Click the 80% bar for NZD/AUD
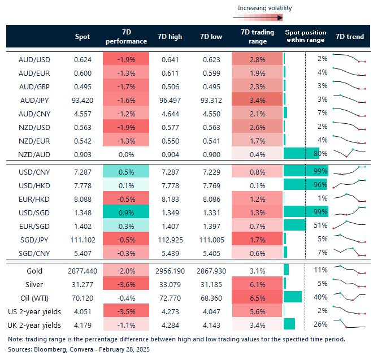point(301,153)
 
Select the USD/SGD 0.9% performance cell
point(126,211)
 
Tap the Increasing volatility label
point(264,8)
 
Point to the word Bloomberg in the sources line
point(50,350)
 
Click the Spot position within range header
point(305,37)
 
